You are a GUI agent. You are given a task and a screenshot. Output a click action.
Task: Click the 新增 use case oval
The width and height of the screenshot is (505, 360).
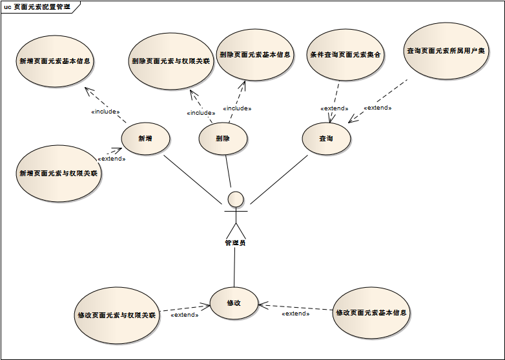(x=145, y=139)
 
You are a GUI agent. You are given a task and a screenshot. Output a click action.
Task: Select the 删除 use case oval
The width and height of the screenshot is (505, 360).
(x=223, y=139)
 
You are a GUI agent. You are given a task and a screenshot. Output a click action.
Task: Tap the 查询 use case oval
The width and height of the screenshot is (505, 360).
(x=326, y=139)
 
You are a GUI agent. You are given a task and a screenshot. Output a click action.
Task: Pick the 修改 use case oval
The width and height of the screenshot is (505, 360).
(x=234, y=303)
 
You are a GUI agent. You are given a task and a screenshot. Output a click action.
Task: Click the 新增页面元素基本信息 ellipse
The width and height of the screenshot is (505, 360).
(x=55, y=62)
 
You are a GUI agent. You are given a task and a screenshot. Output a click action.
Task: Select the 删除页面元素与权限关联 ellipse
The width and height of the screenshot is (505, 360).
(x=171, y=62)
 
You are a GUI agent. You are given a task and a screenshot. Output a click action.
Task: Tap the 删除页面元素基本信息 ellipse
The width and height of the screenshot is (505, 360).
(x=254, y=55)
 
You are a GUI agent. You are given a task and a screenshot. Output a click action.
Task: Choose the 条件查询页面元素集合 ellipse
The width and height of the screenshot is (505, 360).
(x=345, y=55)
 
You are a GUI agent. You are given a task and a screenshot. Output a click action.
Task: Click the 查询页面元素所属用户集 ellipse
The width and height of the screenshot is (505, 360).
(x=446, y=50)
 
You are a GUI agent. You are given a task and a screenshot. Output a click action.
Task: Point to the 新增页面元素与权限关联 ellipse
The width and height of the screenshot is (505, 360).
(x=58, y=174)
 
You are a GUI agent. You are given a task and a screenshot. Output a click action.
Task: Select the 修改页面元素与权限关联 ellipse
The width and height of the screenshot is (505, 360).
(x=116, y=315)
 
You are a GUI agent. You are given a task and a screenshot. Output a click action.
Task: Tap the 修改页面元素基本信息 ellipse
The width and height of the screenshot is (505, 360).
(x=371, y=313)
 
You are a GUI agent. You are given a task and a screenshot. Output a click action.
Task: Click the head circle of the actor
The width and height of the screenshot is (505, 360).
(x=236, y=197)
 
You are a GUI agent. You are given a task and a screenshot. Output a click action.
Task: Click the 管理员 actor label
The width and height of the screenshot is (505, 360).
(x=235, y=243)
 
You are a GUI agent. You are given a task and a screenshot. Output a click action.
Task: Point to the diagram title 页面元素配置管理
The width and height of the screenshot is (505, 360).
(x=41, y=6)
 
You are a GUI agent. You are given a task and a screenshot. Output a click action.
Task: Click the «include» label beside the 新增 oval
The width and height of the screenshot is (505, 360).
(x=105, y=112)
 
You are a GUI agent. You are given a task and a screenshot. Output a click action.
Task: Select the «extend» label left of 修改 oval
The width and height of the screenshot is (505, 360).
(x=184, y=315)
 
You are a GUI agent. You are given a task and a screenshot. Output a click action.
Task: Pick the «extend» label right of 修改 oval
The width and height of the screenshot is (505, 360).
(x=295, y=314)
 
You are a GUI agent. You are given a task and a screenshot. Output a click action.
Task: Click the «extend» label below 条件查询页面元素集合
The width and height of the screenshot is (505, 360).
(x=334, y=108)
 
